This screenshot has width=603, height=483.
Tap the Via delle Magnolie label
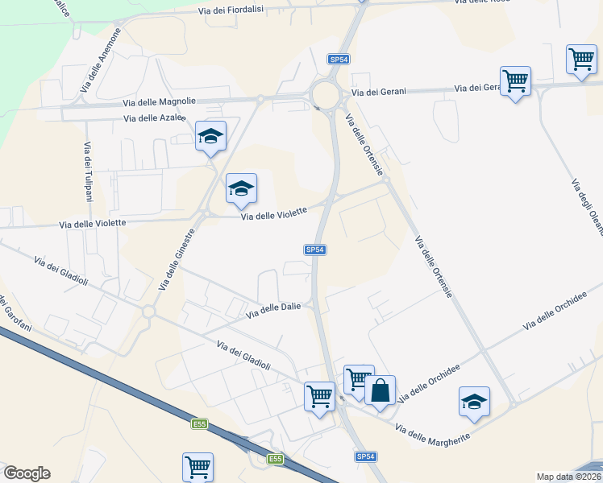pos(159,101)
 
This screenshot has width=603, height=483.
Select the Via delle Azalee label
pos(155,118)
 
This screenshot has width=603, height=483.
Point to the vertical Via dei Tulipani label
pos(87,172)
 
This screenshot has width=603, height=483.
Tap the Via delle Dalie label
pos(273,308)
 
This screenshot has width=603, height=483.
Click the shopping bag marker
pos(380,392)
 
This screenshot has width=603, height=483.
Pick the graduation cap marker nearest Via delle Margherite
pos(474,402)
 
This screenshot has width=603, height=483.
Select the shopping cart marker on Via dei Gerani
pos(515,80)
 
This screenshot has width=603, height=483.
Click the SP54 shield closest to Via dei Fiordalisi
pos(339,60)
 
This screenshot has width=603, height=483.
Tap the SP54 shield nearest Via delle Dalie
pos(315,250)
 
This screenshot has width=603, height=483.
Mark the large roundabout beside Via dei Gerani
pos(327,95)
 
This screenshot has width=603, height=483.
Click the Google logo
pos(27,473)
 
